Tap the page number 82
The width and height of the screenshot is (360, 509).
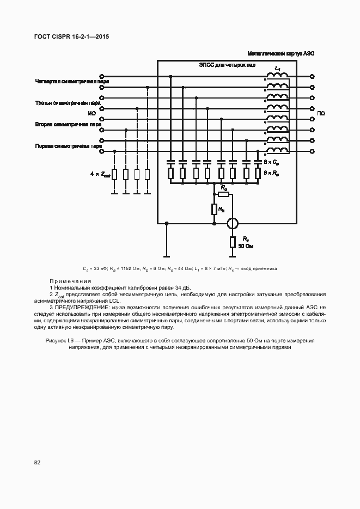click(x=38, y=463)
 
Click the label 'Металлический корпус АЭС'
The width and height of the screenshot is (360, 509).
click(x=281, y=54)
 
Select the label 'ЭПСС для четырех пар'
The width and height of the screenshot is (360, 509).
click(x=227, y=65)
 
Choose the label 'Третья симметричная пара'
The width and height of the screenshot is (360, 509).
click(x=68, y=103)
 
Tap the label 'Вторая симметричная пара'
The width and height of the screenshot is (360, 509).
click(x=68, y=124)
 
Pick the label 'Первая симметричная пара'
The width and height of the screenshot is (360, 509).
click(x=68, y=146)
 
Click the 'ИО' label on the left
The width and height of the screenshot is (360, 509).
click(x=91, y=114)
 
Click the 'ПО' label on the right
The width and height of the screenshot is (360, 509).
click(x=321, y=114)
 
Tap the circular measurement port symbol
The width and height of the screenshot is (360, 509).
click(x=233, y=223)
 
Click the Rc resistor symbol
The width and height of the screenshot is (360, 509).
click(x=223, y=194)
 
